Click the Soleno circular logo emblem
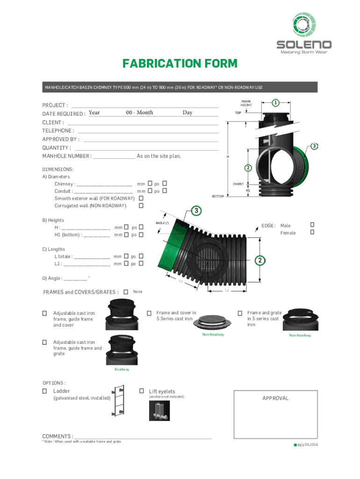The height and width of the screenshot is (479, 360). (303, 24)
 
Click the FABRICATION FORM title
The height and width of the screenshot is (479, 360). (180, 64)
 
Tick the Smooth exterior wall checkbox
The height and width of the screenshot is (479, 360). (141, 198)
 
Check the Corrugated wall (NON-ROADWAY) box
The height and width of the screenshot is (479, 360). (141, 206)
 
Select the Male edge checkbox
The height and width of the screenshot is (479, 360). (312, 225)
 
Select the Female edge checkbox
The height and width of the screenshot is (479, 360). (312, 232)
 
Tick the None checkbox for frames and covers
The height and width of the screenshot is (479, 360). (126, 292)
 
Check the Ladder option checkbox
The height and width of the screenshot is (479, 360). (44, 391)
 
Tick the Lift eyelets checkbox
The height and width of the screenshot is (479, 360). (142, 391)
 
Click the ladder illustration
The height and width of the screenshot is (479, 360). (118, 400)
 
